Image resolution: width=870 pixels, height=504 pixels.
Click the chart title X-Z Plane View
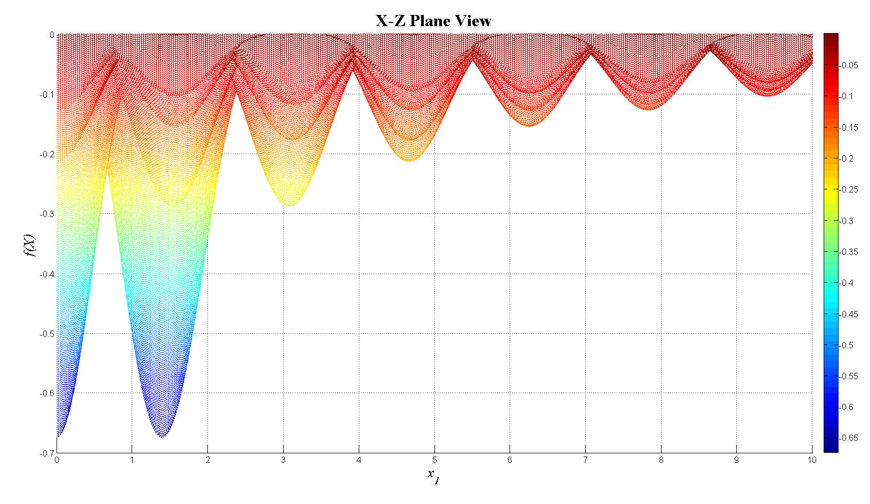pyautogui.click(x=433, y=21)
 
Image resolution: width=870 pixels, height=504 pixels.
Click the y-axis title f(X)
pyautogui.click(x=30, y=245)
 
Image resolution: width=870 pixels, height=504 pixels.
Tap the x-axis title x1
pyautogui.click(x=433, y=475)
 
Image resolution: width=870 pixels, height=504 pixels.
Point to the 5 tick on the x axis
pyautogui.click(x=434, y=460)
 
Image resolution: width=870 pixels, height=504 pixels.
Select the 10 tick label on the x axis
pyautogui.click(x=811, y=460)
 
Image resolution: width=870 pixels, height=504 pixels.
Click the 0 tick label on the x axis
pyautogui.click(x=57, y=460)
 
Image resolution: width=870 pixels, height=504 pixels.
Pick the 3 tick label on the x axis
pyautogui.click(x=284, y=460)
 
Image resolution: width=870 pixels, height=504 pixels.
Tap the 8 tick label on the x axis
pyautogui.click(x=661, y=460)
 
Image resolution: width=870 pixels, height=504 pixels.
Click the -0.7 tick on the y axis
pyautogui.click(x=47, y=453)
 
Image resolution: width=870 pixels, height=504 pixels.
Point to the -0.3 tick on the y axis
pyautogui.click(x=47, y=214)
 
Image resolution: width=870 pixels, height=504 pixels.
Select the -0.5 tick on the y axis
pyautogui.click(x=47, y=334)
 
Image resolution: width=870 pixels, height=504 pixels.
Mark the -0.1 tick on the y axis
pyautogui.click(x=47, y=94)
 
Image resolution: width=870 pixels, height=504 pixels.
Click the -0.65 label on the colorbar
pyautogui.click(x=849, y=438)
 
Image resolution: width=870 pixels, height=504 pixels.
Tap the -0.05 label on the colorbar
pyautogui.click(x=849, y=65)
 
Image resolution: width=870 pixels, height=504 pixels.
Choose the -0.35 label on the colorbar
pyautogui.click(x=849, y=252)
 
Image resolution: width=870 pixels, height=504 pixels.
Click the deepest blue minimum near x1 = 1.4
pyautogui.click(x=162, y=436)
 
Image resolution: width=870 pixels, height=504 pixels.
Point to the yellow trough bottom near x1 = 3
pyautogui.click(x=288, y=205)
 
